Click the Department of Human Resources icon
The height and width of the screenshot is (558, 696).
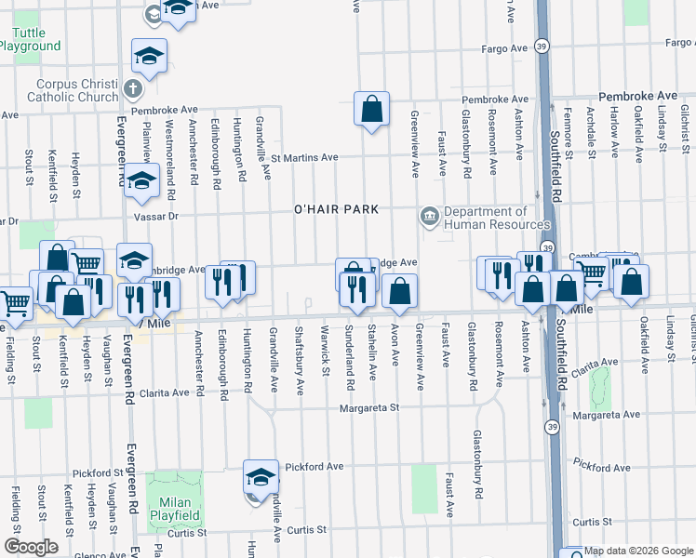429,218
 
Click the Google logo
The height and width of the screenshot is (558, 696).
31,546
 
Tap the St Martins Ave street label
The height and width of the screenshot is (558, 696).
303,157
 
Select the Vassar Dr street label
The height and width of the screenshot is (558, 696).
8,221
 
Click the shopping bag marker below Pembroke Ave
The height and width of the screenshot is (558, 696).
371,110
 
